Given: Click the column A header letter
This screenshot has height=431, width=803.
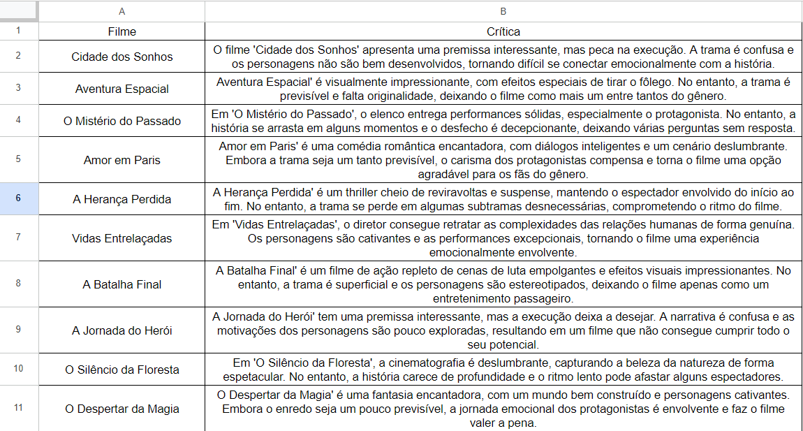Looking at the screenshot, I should pyautogui.click(x=122, y=11).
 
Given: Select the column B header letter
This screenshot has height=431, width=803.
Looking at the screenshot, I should pyautogui.click(x=503, y=11).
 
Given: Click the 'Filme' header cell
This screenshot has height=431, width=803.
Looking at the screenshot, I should pyautogui.click(x=122, y=31).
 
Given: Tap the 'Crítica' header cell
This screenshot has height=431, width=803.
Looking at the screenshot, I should pyautogui.click(x=503, y=31).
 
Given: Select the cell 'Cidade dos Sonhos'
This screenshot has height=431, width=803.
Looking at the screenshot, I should pyautogui.click(x=122, y=57).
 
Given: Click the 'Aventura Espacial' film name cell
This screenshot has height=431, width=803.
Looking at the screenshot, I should pyautogui.click(x=122, y=89).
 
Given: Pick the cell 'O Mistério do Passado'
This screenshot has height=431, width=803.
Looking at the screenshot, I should pyautogui.click(x=122, y=121).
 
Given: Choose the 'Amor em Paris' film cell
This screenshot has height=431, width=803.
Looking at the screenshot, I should pyautogui.click(x=122, y=160).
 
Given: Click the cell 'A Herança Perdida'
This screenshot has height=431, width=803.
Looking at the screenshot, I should pyautogui.click(x=122, y=199).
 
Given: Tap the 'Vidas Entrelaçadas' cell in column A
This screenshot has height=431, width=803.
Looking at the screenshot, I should pyautogui.click(x=122, y=238).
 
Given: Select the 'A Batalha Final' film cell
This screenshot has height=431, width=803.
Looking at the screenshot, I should pyautogui.click(x=122, y=284).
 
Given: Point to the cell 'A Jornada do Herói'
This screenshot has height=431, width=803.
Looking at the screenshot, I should pyautogui.click(x=122, y=330).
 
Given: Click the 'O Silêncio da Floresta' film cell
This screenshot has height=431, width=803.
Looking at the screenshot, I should pyautogui.click(x=122, y=370).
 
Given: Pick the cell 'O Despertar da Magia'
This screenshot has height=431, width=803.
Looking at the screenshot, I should pyautogui.click(x=122, y=409).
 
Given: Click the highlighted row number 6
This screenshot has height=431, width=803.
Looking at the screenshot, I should pyautogui.click(x=18, y=198).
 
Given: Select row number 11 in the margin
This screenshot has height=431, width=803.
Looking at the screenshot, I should pyautogui.click(x=18, y=408).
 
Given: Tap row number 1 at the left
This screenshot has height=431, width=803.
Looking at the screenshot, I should pyautogui.click(x=18, y=31).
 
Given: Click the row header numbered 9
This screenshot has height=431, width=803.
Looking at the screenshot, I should pyautogui.click(x=18, y=330).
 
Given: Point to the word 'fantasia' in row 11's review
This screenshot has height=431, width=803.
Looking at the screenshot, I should pyautogui.click(x=352, y=395).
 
